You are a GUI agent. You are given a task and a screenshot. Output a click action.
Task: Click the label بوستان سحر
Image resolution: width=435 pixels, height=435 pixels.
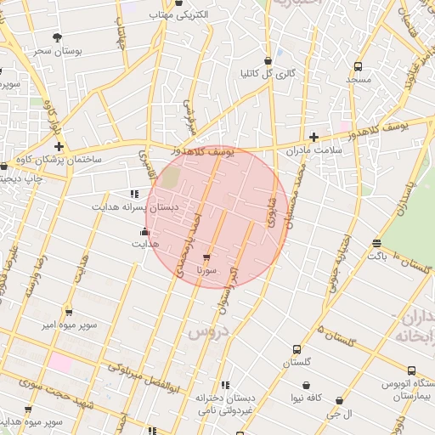coord(57,51)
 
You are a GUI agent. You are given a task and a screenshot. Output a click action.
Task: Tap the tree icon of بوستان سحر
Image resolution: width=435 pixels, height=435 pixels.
coord(57,37)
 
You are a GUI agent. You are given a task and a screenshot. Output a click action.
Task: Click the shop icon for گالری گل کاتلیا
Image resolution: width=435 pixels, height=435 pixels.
coord(268,61)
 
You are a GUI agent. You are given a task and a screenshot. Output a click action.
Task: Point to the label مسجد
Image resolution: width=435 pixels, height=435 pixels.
coord(359,79)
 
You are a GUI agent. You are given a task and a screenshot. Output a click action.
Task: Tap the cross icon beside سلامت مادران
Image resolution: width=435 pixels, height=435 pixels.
coord(314,137)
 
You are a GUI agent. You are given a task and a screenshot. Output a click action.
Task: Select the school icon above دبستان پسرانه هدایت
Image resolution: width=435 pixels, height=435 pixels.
coord(134,194)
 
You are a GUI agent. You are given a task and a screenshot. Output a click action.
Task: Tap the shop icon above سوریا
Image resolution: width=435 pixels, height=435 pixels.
coord(206,257)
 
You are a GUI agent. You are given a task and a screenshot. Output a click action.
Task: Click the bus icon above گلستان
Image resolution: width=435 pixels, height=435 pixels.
coord(297,349)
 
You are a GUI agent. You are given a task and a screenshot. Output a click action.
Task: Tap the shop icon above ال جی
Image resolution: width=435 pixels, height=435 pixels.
coord(340,400)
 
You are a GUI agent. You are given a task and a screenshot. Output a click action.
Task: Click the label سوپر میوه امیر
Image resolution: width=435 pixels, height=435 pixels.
coord(71,325)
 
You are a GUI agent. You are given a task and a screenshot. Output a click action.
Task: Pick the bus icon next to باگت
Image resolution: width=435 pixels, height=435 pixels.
coord(376,244)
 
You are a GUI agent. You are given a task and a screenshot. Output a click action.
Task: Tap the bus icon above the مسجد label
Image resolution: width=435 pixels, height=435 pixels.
coord(359,65)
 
